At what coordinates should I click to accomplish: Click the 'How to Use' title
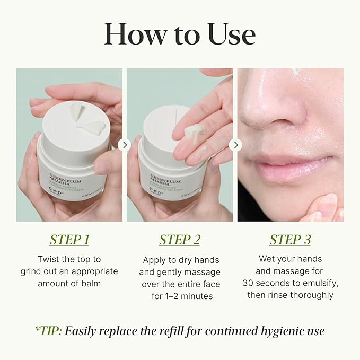[180, 33]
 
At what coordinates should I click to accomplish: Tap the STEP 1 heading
[69, 239]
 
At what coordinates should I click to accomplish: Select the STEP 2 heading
[180, 239]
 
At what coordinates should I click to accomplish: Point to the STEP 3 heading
[290, 239]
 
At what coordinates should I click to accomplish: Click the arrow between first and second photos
[124, 145]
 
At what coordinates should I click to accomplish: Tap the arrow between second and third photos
[235, 145]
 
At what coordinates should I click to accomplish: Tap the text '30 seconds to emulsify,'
[290, 283]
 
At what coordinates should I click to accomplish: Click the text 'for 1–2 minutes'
[180, 296]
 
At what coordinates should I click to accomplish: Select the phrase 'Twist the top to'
[69, 259]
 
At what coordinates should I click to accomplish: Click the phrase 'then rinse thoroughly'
[290, 295]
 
